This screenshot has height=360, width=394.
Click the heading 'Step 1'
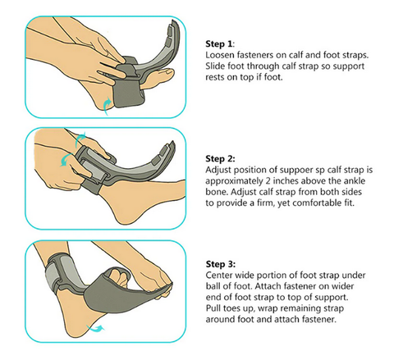click(x=218, y=43)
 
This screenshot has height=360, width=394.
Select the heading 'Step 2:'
click(x=220, y=158)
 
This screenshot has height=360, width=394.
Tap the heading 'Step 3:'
click(x=221, y=264)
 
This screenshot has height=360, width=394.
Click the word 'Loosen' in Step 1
click(x=220, y=55)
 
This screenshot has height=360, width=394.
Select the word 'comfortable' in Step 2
click(x=313, y=203)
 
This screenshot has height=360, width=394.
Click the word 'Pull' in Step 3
click(x=213, y=308)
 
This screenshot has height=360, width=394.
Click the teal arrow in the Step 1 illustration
click(x=108, y=107)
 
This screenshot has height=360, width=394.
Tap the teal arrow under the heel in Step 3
click(x=95, y=328)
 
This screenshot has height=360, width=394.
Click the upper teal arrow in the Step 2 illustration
click(x=80, y=138)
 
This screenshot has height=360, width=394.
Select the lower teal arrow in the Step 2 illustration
click(x=66, y=159)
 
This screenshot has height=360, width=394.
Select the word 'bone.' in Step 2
click(x=217, y=192)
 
